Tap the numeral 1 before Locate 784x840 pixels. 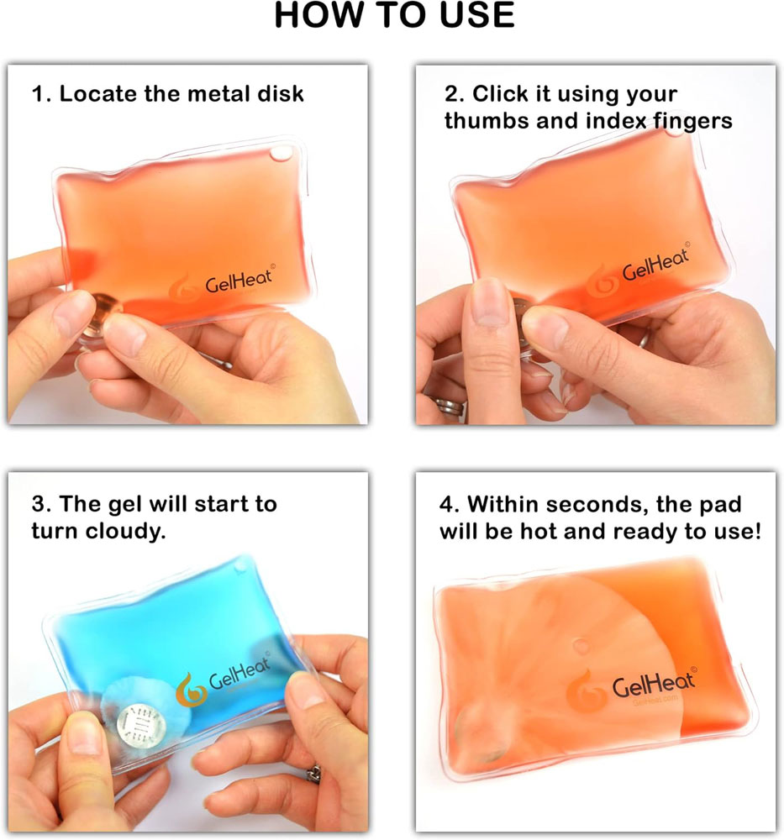pyautogui.click(x=36, y=93)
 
